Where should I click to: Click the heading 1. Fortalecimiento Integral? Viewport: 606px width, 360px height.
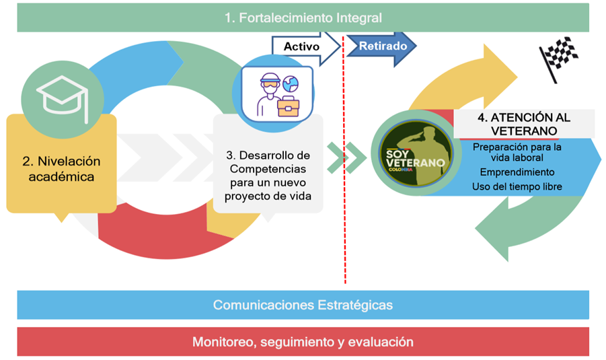click(303, 18)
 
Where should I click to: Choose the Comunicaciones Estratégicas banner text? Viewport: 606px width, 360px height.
click(303, 305)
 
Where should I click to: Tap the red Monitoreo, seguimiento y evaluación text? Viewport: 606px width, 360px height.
click(303, 342)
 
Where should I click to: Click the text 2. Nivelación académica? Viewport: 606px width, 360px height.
click(61, 169)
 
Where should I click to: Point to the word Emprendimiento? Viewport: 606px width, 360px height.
click(517, 172)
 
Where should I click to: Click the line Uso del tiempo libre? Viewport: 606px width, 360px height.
click(517, 186)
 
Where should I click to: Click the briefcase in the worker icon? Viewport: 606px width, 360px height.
click(289, 107)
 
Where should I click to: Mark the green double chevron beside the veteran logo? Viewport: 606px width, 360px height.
click(346, 156)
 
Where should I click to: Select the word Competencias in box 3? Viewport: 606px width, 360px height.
click(268, 168)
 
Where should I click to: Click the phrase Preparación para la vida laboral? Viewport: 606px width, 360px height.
click(517, 152)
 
